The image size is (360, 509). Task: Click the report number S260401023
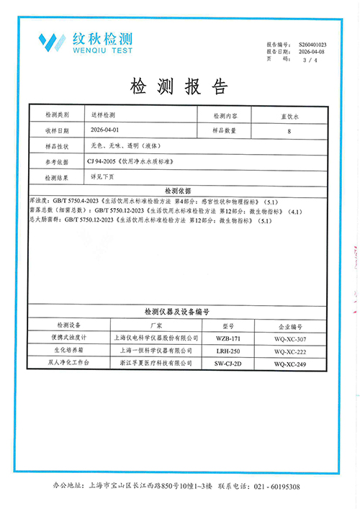click(x=312, y=45)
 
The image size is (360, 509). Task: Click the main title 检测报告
click(x=179, y=87)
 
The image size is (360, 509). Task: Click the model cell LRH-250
click(x=228, y=351)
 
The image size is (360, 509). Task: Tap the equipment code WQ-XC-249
click(x=291, y=364)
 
